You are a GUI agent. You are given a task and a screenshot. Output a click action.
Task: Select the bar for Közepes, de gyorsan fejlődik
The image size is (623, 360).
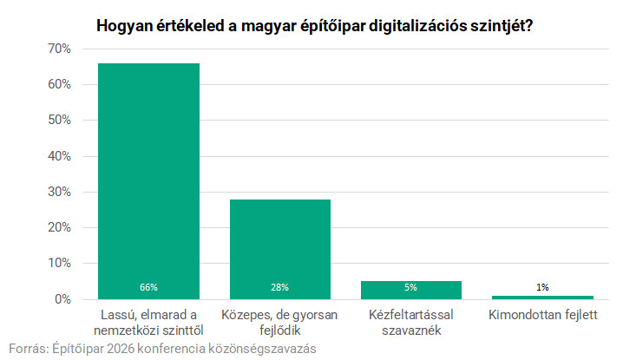[x=279, y=248]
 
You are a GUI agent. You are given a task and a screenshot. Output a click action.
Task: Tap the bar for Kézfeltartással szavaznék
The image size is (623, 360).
[x=410, y=290]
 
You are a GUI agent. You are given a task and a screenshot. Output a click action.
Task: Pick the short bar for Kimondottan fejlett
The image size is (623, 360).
[x=542, y=297]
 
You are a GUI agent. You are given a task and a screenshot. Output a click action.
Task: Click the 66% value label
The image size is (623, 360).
[x=148, y=287]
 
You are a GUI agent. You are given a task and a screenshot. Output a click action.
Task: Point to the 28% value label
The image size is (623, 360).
[x=279, y=287]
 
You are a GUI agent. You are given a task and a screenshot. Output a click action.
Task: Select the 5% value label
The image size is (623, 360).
[x=410, y=287]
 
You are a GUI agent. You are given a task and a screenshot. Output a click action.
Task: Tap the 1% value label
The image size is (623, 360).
[x=542, y=287]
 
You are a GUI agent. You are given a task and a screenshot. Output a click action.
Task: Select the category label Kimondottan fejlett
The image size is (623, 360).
[x=542, y=314]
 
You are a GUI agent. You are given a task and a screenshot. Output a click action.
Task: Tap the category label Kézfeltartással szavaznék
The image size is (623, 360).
[x=410, y=322]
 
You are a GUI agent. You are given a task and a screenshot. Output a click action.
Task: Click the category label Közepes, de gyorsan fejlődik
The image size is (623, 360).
[x=279, y=322]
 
